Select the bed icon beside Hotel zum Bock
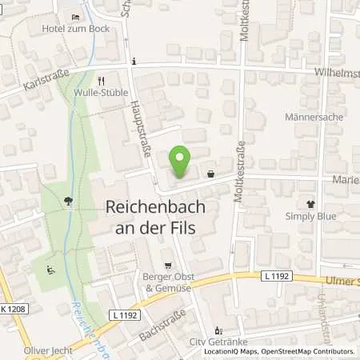(x=75, y=17)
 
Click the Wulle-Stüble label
(x=101, y=92)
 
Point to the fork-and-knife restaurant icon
(x=101, y=80)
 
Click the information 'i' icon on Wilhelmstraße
(x=135, y=62)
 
